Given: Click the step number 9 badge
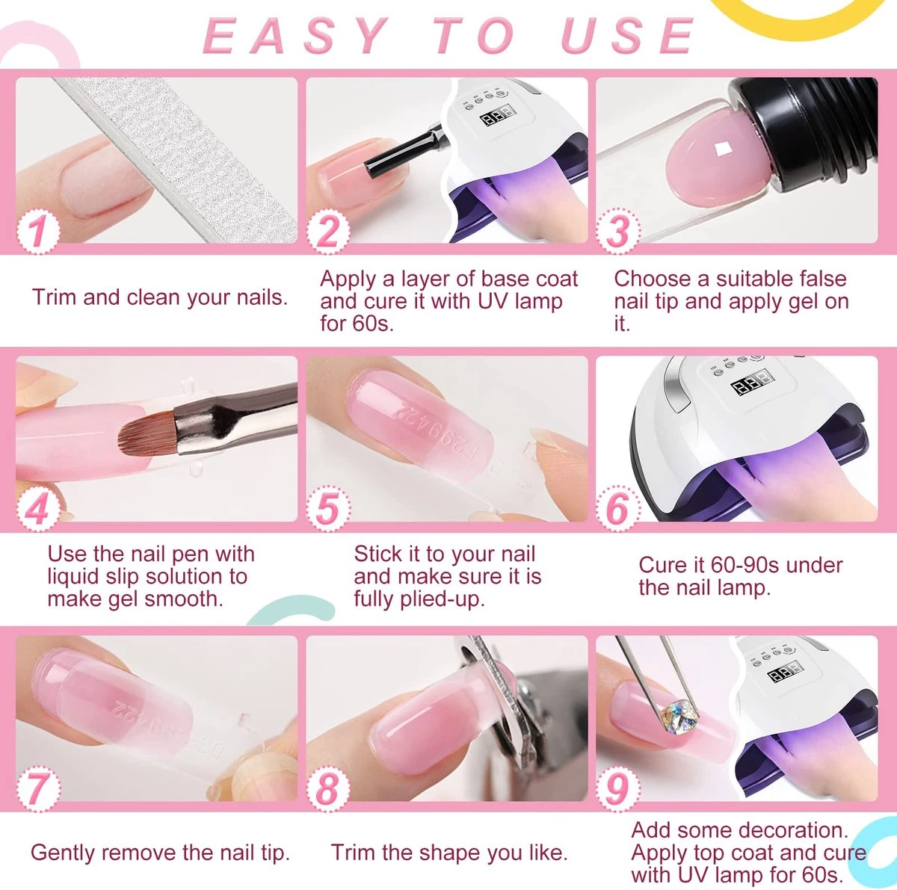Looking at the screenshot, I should pos(617,787).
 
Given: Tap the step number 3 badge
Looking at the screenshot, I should pos(617,231).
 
